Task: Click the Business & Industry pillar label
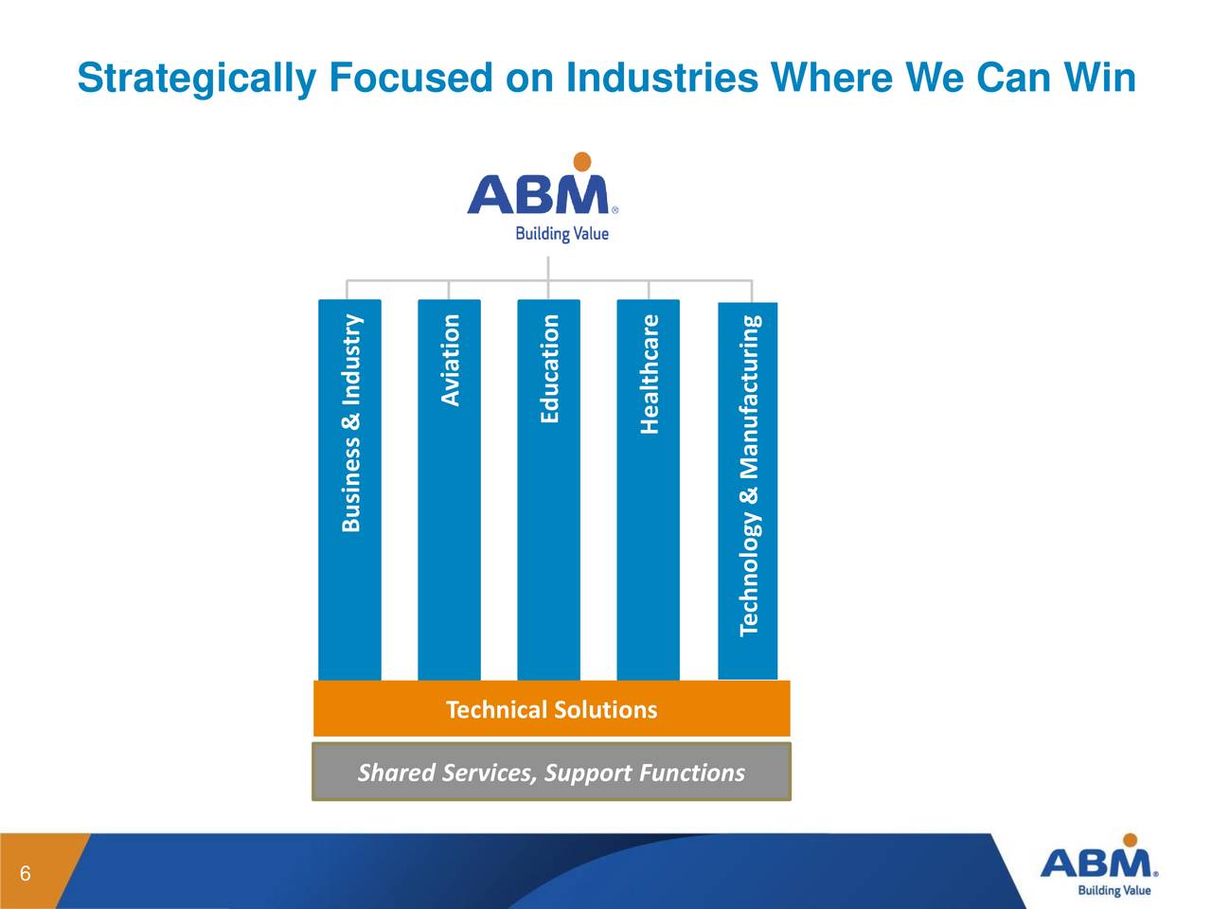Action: tap(351, 422)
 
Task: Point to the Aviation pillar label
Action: tap(451, 360)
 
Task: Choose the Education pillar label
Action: tap(549, 368)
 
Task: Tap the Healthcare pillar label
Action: tap(649, 374)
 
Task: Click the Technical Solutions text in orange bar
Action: tap(551, 710)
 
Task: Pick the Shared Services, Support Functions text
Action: tap(551, 773)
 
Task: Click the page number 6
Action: tap(26, 874)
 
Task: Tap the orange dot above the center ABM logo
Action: tap(582, 161)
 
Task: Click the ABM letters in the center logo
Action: tap(538, 195)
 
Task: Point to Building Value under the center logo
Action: tap(561, 233)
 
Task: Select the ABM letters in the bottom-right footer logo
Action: tap(1096, 864)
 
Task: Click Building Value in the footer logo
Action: tap(1114, 890)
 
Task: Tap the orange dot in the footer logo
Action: tap(1129, 840)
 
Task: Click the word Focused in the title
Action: tap(410, 78)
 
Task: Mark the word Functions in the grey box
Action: tap(692, 773)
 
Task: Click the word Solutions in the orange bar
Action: tap(605, 710)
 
